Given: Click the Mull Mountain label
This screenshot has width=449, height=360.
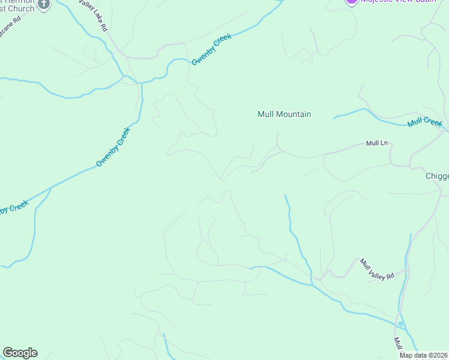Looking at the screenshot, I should coord(284,114).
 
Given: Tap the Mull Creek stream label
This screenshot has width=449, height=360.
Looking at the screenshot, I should coord(424,122).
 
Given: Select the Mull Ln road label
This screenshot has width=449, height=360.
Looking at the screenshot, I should coord(378,144).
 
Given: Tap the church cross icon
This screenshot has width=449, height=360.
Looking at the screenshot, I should coord(44,4).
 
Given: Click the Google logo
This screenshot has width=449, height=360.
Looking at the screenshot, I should coord(20,353).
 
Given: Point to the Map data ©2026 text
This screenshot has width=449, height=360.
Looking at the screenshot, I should coord(424,355).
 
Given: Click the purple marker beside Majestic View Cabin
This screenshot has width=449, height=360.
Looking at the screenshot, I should coord(352,2).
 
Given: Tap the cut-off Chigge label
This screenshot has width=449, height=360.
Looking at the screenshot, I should coord(437,176).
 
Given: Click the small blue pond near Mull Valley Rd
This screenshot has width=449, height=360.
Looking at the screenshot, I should coord(400,325).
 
